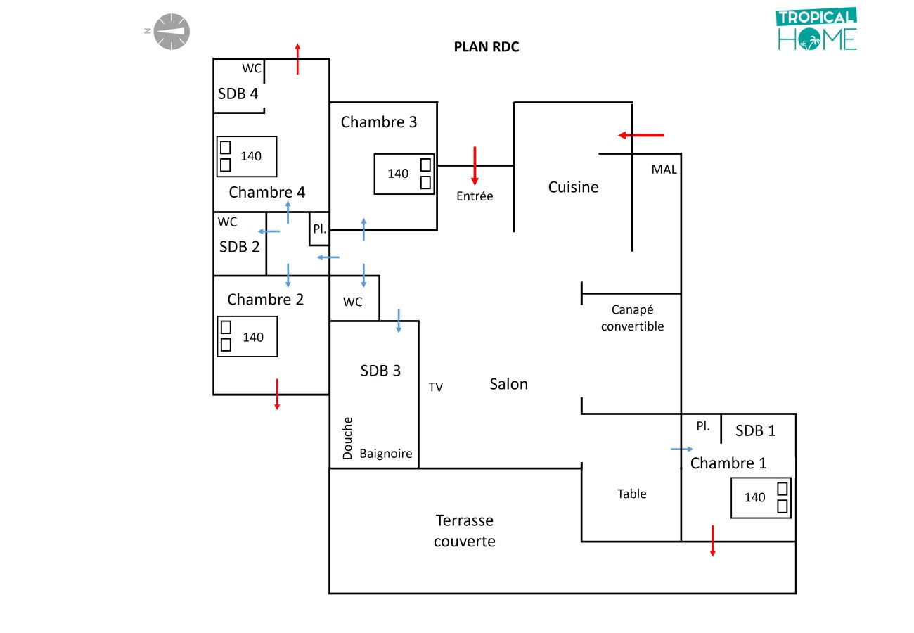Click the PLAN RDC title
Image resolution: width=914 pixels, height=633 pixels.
487,48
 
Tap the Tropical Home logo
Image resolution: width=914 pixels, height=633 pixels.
817,30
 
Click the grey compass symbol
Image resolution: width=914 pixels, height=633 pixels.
172,32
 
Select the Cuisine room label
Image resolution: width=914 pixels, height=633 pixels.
574,187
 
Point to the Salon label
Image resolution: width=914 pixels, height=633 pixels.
508,384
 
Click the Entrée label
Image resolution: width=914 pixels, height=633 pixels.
475,196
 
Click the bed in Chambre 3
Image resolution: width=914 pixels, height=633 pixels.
404,174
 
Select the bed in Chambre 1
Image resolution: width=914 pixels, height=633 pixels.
761,497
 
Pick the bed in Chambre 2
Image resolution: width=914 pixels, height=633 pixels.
247,337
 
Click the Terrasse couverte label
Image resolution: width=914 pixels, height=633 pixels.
464,530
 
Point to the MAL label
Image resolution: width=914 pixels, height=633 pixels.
664,170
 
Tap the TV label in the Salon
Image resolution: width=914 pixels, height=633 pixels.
436,387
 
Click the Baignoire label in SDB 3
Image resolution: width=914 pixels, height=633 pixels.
386,454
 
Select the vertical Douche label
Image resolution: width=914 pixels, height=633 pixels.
347,438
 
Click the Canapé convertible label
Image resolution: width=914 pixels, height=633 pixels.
632,318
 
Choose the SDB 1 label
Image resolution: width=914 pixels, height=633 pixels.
756,430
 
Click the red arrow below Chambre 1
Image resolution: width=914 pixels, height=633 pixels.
713,540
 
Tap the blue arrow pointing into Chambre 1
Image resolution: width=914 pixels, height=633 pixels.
681,449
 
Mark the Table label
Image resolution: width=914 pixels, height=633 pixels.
631,494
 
